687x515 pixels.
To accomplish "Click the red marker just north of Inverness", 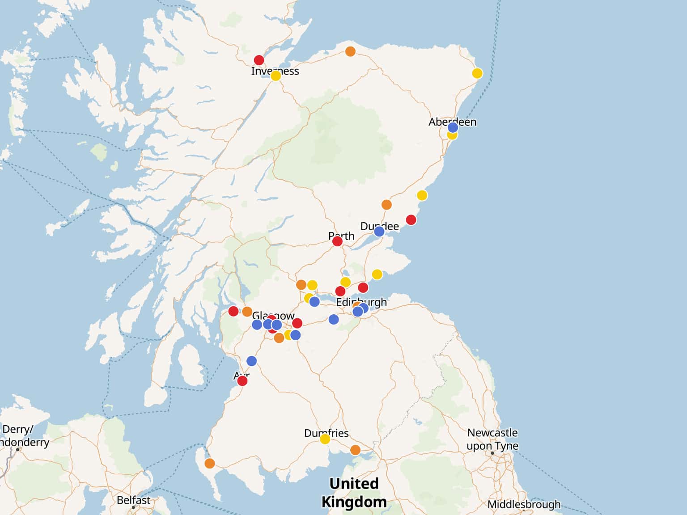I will click(259, 60).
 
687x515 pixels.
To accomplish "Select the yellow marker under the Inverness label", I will click(276, 76).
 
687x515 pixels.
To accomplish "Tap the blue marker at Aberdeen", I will click(453, 127).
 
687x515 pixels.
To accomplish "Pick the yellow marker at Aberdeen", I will click(452, 135).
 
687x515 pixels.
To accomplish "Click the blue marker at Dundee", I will click(379, 231).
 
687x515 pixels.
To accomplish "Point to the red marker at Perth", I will click(337, 241).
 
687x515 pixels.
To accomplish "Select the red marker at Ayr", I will click(242, 381).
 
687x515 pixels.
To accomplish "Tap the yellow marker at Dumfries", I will click(325, 439).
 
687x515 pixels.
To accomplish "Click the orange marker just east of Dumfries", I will click(355, 450).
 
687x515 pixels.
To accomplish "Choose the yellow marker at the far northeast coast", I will click(477, 73).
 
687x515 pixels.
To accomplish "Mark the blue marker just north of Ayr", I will click(252, 361).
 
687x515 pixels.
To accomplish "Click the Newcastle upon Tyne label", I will click(492, 439).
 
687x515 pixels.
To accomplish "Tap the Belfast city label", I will click(133, 500).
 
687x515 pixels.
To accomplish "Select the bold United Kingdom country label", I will click(354, 492).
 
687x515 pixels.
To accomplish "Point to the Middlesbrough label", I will click(524, 504).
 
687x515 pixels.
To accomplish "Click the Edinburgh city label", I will click(361, 302).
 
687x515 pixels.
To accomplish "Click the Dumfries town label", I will click(326, 433).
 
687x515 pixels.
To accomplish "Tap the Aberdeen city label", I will click(452, 122).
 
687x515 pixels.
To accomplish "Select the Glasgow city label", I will click(273, 316).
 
